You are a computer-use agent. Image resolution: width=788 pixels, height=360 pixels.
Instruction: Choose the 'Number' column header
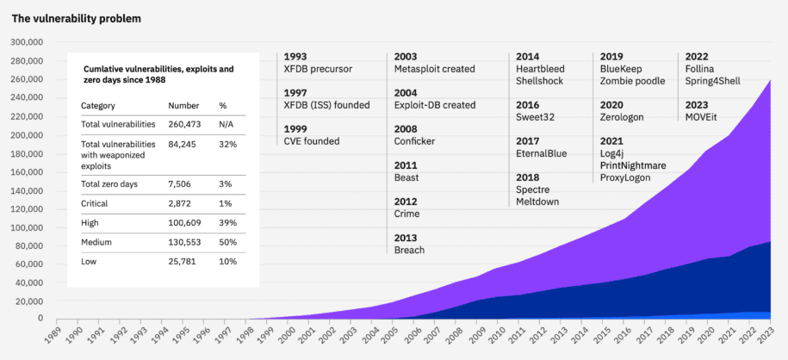coord(183,105)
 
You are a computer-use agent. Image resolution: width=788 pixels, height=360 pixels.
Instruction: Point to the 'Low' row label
coord(90,260)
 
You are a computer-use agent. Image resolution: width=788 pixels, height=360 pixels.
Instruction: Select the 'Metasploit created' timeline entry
coord(434,69)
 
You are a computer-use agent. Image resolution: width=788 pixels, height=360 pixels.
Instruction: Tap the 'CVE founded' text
coord(312,141)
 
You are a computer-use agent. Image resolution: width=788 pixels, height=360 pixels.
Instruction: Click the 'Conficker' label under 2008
coord(414,141)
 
